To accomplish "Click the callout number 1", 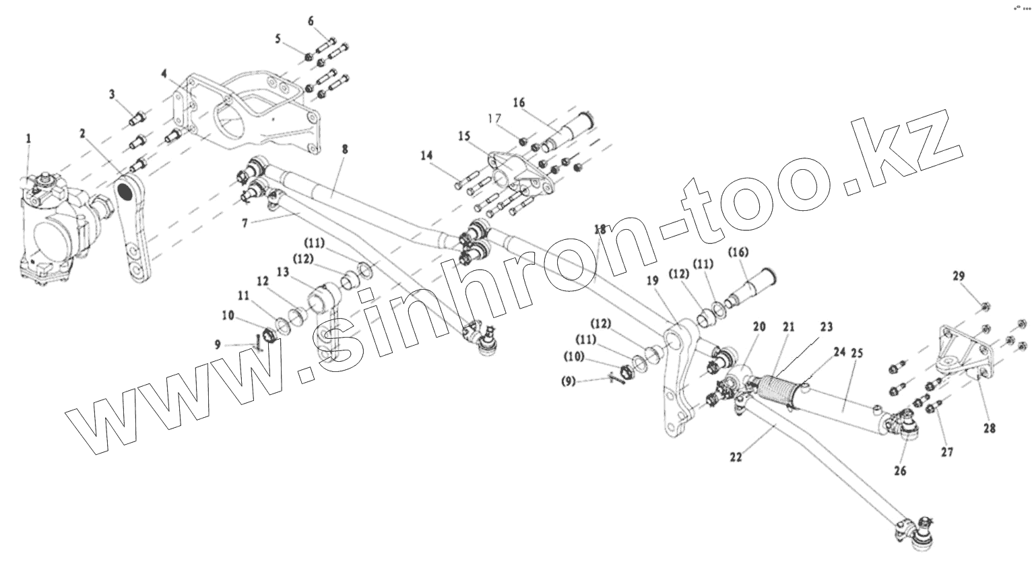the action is click(28, 138).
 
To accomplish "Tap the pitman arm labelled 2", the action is click(135, 229).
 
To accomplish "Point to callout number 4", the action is click(162, 73).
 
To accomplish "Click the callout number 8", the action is click(344, 150).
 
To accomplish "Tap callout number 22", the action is click(736, 457).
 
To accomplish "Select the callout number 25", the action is click(857, 352).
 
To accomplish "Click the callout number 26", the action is click(900, 471).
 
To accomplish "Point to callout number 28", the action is click(990, 428).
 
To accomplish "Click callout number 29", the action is click(959, 276).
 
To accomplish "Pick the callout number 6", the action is click(311, 22).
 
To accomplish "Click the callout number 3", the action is click(113, 95).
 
